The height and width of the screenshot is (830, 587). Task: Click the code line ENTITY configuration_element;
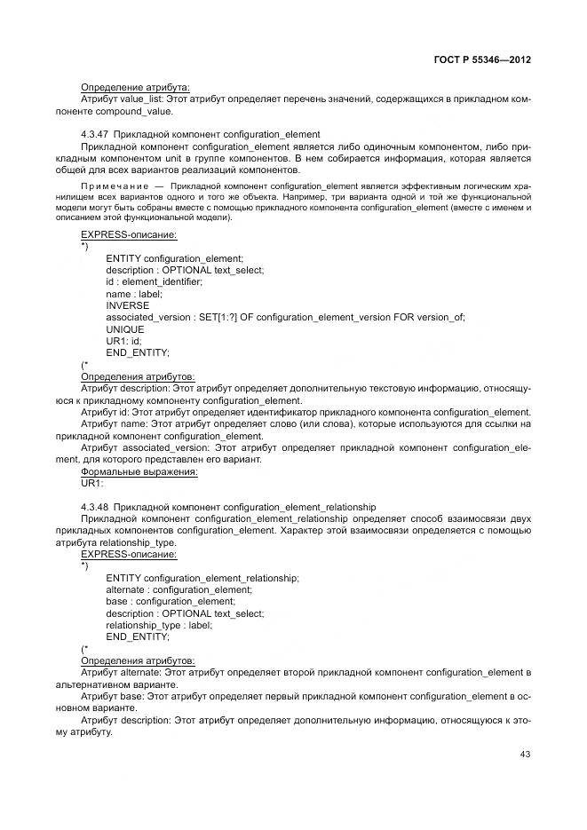[x=174, y=258]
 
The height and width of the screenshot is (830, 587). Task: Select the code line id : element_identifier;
[x=154, y=282]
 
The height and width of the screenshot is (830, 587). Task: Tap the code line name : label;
[x=134, y=294]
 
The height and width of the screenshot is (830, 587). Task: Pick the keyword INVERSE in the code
[x=127, y=305]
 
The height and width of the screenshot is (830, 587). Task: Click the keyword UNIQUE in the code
[x=125, y=328]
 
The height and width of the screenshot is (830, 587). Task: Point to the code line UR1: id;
[x=123, y=341]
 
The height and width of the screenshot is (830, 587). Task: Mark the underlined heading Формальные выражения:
[x=139, y=472]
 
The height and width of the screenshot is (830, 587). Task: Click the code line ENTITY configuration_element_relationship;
[x=202, y=578]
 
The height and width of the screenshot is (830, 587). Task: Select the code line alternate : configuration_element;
[x=178, y=589]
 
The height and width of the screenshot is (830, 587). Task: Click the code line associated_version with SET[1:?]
[x=284, y=317]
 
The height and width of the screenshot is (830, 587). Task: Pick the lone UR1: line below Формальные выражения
[x=91, y=484]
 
